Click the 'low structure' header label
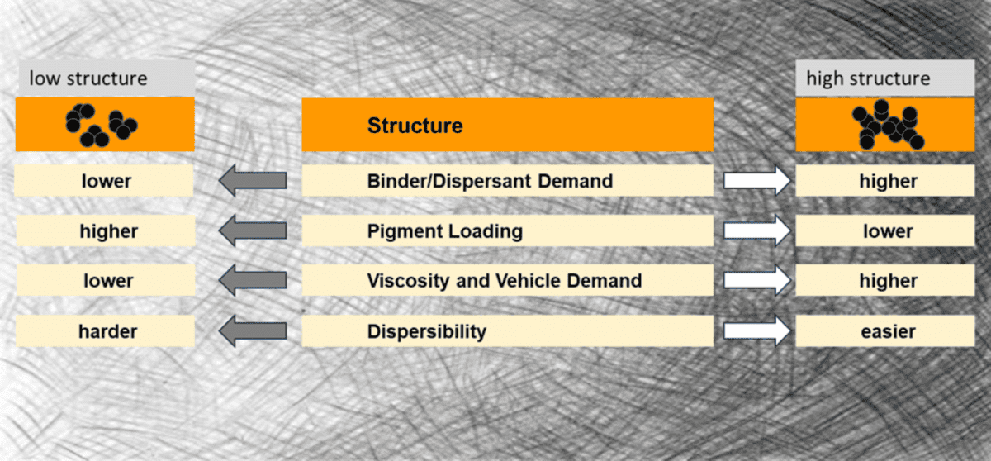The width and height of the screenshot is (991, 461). click(88, 78)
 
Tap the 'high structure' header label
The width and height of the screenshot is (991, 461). click(868, 78)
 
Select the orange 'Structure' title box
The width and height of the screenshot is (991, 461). click(507, 125)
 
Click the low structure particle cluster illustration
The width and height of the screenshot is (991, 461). click(102, 126)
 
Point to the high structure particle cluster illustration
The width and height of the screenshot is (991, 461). click(888, 125)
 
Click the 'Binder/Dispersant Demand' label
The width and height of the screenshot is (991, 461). click(490, 181)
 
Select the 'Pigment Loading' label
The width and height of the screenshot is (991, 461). click(444, 231)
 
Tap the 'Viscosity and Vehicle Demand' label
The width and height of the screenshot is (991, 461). click(505, 281)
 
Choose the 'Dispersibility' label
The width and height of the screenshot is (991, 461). click(426, 331)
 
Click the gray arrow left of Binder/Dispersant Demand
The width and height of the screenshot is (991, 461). click(253, 180)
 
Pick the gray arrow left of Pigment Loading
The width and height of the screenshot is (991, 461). click(253, 230)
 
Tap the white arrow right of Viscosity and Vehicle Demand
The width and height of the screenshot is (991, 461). click(757, 280)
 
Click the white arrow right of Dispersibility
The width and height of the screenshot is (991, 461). click(757, 331)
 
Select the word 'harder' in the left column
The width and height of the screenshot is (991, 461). click(107, 331)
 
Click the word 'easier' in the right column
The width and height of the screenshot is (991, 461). click(888, 331)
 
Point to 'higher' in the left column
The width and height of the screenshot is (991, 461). click(108, 231)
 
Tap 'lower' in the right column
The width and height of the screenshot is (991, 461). click(888, 231)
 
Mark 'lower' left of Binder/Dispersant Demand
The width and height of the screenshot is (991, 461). click(107, 181)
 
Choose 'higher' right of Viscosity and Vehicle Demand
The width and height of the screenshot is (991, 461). click(888, 281)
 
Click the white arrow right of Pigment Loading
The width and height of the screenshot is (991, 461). click(757, 230)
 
